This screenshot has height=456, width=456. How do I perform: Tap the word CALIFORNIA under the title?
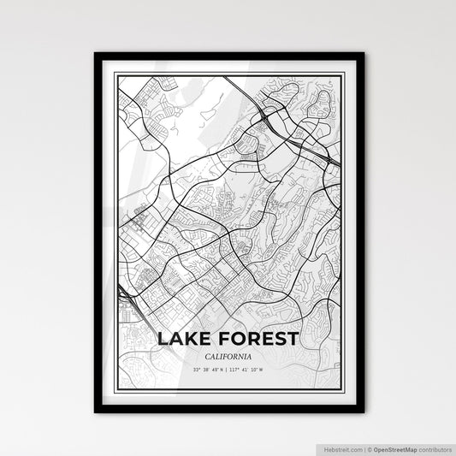tap(228, 356)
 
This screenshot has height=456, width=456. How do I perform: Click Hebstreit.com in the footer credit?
tap(342, 447)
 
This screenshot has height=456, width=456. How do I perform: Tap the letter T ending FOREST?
tap(293, 340)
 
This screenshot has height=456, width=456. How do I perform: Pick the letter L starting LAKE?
tap(163, 340)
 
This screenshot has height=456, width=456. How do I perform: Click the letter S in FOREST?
tap(279, 340)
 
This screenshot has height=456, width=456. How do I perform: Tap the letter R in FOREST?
tap(252, 340)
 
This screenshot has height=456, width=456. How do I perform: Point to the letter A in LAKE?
tap(176, 340)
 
